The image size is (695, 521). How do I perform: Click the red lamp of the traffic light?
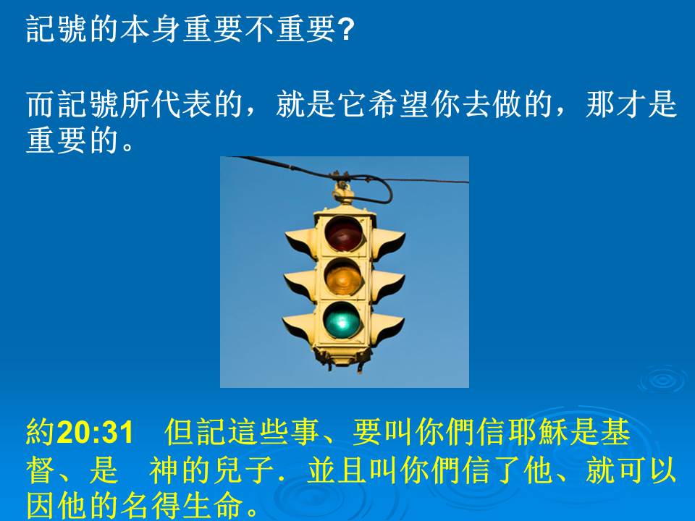(344, 233)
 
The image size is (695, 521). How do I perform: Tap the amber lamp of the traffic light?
(344, 277)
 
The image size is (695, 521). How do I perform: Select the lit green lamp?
(342, 320)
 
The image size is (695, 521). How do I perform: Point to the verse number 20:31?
(96, 433)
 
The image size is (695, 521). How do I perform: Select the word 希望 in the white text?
(398, 104)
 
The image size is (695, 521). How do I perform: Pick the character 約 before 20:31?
(41, 432)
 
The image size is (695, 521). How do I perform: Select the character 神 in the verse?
(164, 470)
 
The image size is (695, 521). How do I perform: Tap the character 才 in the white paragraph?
(631, 104)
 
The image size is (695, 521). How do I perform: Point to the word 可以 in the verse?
(646, 470)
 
